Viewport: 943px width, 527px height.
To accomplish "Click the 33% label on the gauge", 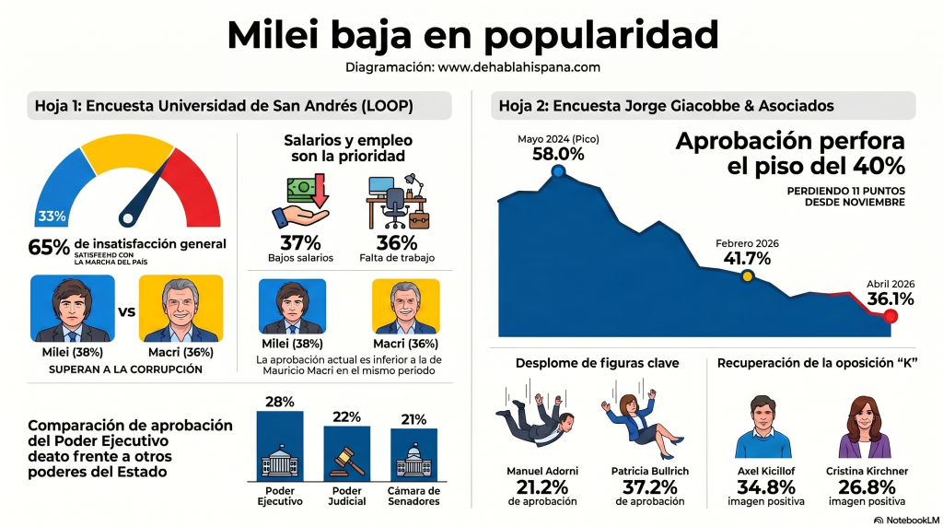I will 52,217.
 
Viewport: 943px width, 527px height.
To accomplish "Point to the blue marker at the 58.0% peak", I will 558,170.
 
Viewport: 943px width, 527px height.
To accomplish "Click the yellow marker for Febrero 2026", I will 747,275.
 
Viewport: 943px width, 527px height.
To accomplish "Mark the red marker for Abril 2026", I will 890,316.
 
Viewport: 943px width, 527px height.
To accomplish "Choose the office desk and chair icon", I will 397,203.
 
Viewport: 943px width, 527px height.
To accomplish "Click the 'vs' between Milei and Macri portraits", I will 127,310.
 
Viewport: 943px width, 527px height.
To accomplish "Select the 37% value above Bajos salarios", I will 300,243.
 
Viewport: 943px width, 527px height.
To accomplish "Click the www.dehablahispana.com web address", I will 518,67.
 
